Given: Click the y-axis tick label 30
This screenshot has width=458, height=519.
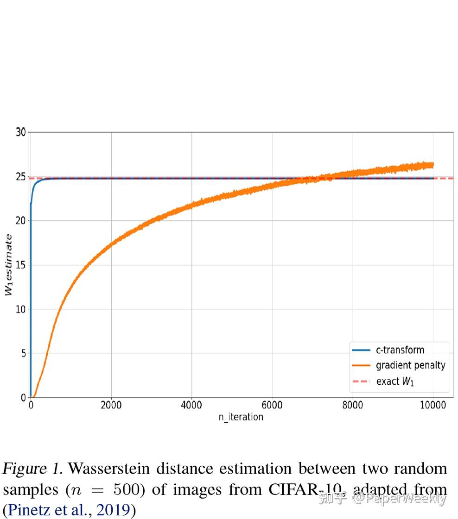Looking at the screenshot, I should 21,132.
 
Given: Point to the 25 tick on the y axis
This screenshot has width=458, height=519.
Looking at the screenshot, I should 21,176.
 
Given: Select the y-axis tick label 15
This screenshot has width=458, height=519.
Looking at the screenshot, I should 21,265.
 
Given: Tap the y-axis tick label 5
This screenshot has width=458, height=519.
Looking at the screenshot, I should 23,353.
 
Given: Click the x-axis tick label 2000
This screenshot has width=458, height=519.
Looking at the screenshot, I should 111,406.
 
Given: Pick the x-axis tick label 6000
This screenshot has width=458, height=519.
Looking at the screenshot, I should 272,406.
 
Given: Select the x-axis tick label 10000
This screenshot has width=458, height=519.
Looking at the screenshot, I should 432,406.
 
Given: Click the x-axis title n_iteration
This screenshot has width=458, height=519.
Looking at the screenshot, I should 241,417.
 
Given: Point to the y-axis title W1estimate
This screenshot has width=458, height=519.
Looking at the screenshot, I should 8,265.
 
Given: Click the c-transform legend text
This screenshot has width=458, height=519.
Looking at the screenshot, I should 400,350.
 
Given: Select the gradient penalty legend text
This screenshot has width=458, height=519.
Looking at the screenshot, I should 410,365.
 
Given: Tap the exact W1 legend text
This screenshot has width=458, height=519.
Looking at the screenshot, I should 395,381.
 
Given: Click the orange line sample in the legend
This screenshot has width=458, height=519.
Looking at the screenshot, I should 362,366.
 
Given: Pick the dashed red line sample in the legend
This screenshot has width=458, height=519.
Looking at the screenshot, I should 362,381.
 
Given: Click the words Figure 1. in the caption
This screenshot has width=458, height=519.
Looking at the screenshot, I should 32,469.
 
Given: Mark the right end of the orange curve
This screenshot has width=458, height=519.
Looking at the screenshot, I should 433,165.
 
